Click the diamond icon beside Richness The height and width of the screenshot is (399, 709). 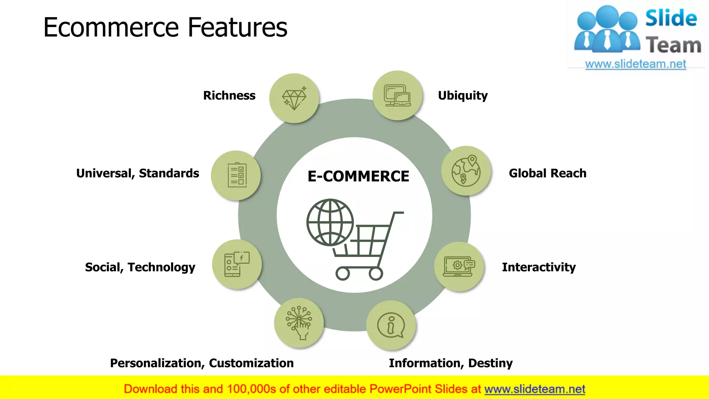[x=294, y=98]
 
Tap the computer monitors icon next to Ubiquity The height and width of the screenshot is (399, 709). [x=397, y=96]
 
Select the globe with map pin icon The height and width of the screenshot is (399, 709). [x=466, y=171]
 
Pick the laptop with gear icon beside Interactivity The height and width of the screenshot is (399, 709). [x=459, y=267]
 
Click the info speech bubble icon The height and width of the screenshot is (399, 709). [x=391, y=326]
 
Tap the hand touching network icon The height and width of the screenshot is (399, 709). [x=299, y=323]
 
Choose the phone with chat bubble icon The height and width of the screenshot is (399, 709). [x=237, y=264]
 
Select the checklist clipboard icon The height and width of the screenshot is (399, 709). [x=237, y=175]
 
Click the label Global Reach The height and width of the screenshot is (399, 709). [x=547, y=173]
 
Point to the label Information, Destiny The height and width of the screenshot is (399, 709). [x=450, y=363]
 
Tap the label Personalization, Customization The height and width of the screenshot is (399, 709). [x=202, y=363]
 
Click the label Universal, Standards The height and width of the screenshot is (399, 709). [x=137, y=173]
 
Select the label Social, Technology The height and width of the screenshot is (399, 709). [x=140, y=267]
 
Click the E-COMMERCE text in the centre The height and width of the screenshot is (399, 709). [x=358, y=176]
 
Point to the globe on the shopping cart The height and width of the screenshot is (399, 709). [x=330, y=222]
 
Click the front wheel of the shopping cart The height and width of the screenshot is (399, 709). [x=376, y=274]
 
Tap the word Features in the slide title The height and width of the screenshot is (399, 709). [x=237, y=27]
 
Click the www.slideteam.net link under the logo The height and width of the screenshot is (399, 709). [x=635, y=64]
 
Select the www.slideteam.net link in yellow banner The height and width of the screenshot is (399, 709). [x=535, y=389]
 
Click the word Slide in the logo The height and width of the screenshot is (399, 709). [x=671, y=18]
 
